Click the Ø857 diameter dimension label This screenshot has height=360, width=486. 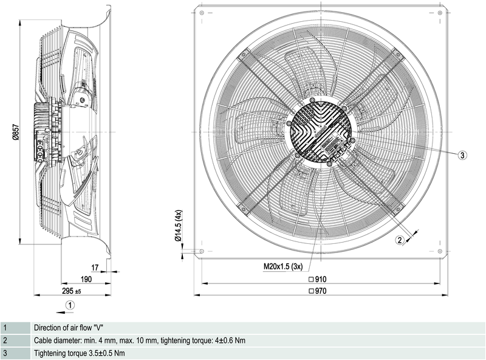(x=15, y=130)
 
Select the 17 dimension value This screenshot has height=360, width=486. (x=94, y=267)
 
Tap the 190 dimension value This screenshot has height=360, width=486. (x=86, y=279)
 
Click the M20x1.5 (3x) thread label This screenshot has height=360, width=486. (x=283, y=266)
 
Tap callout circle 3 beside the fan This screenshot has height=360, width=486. (x=462, y=155)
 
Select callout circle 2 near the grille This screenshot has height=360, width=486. (x=400, y=240)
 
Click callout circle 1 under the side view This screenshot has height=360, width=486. (x=70, y=304)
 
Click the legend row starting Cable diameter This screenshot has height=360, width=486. (x=140, y=341)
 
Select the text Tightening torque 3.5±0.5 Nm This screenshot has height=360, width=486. (x=80, y=353)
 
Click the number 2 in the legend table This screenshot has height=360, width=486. (x=5, y=341)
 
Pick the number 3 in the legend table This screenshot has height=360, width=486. (x=5, y=353)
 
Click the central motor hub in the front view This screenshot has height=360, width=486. (x=320, y=130)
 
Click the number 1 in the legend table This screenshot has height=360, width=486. (x=5, y=328)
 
